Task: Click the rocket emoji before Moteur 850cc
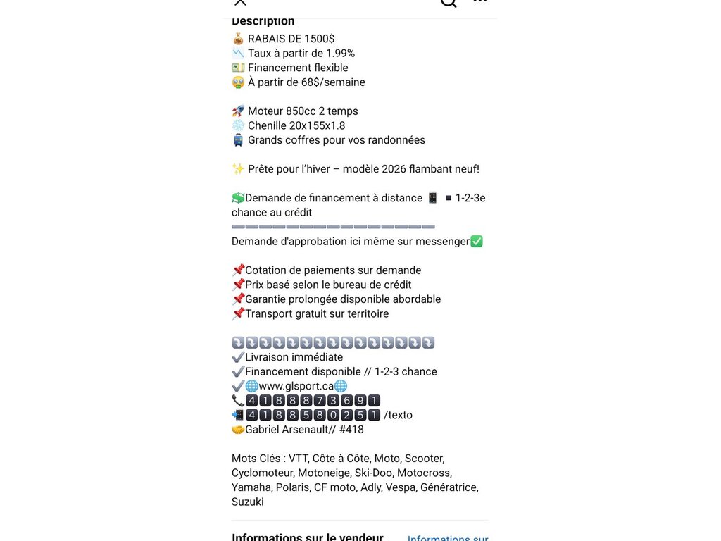point(238,111)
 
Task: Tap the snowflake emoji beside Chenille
point(238,125)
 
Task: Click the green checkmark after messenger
point(477,242)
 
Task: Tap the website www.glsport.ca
point(296,386)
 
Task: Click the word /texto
point(398,415)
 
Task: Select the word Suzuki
point(248,502)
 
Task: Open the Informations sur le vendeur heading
point(308,537)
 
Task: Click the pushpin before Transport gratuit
point(238,314)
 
